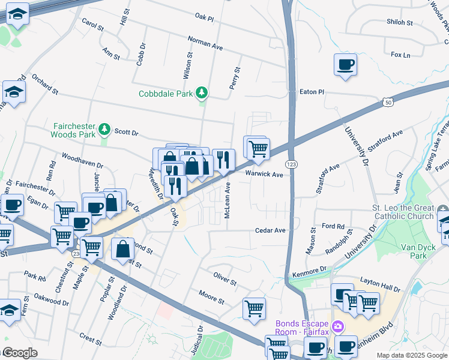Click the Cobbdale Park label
pyautogui.click(x=166, y=94)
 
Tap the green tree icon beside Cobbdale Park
pyautogui.click(x=203, y=92)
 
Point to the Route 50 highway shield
pyautogui.click(x=388, y=103)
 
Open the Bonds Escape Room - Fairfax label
pyautogui.click(x=303, y=327)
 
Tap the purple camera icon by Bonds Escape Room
pyautogui.click(x=339, y=326)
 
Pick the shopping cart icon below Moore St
pyautogui.click(x=254, y=308)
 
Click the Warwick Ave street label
pyautogui.click(x=264, y=175)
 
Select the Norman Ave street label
pyautogui.click(x=205, y=46)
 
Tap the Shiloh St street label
pyautogui.click(x=400, y=23)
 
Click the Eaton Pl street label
pyautogui.click(x=312, y=92)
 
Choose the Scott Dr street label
pyautogui.click(x=127, y=133)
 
